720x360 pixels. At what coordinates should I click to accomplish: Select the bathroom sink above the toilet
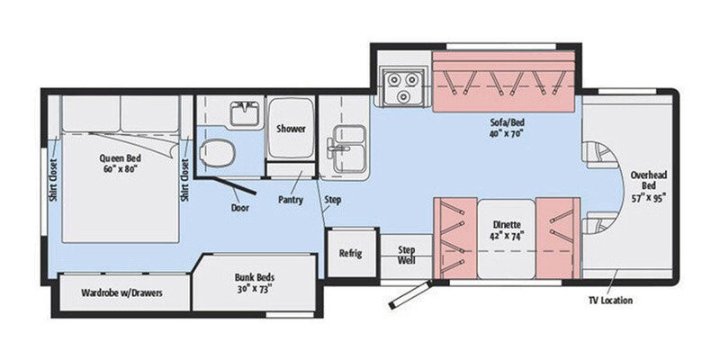coord(240,115)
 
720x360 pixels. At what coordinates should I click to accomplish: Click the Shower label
coord(291,129)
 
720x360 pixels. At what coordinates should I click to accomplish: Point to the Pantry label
coord(290,199)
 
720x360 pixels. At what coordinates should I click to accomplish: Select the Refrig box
coord(349,253)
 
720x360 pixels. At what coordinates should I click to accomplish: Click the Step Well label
coord(406,255)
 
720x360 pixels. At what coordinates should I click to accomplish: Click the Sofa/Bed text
coord(506,127)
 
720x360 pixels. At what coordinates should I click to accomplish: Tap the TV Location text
coord(610,300)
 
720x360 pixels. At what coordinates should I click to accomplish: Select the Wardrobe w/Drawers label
coord(117,292)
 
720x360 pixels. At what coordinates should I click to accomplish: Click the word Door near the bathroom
coord(239,206)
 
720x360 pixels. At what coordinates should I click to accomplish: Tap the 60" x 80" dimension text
coord(117,168)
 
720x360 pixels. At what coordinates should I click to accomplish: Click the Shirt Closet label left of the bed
coord(53,180)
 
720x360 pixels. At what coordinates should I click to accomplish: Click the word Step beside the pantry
coord(332,199)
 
